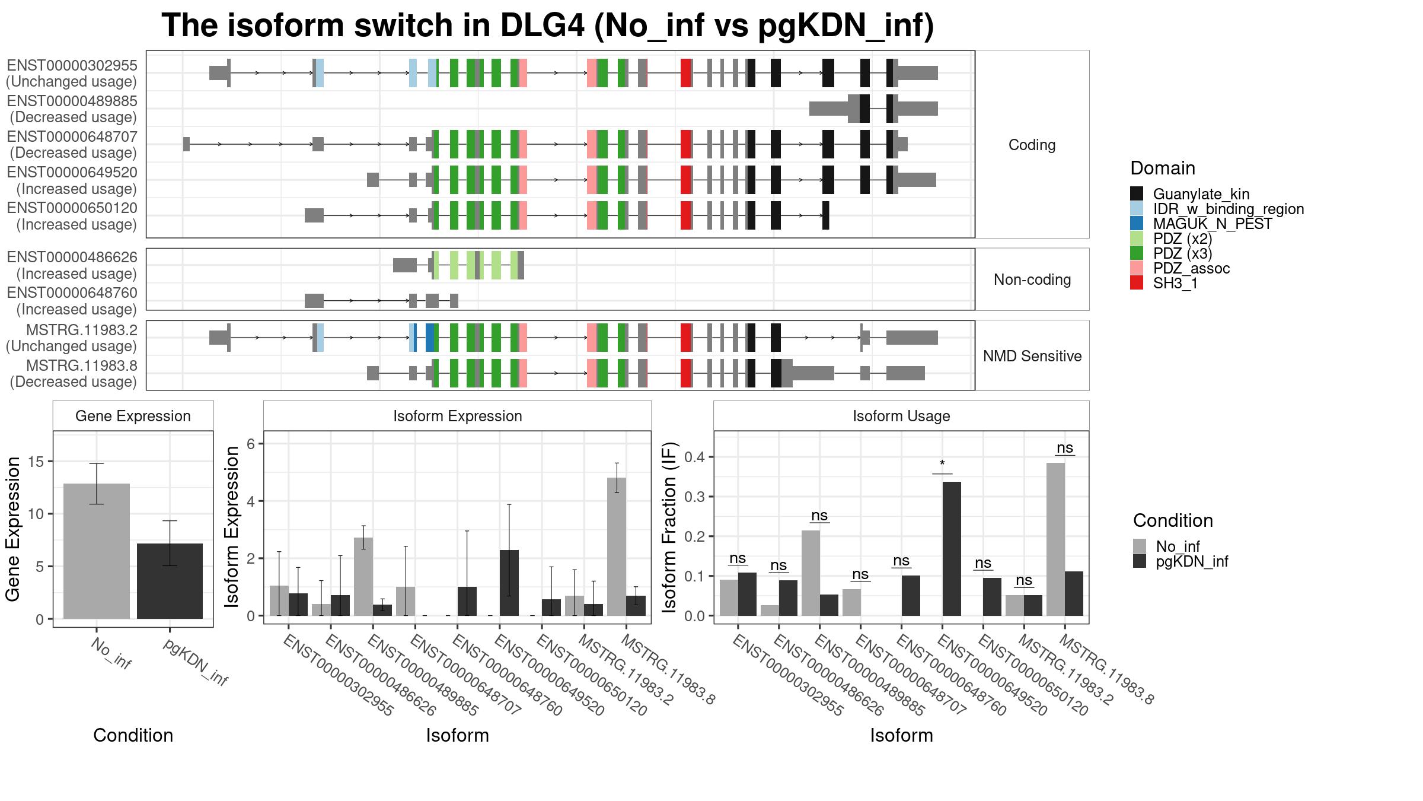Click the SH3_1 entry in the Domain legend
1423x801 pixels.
click(x=1175, y=284)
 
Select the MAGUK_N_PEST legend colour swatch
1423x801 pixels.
click(x=1137, y=224)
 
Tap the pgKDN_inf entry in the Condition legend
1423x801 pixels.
click(x=1192, y=561)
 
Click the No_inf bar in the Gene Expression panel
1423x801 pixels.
click(x=97, y=551)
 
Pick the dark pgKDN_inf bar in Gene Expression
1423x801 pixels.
click(x=170, y=581)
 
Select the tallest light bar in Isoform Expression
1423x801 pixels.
click(x=617, y=546)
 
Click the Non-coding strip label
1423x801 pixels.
click(x=1032, y=279)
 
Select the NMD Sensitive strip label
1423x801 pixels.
click(x=1032, y=356)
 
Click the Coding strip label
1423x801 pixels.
click(x=1032, y=145)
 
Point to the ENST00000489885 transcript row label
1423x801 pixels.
click(x=72, y=109)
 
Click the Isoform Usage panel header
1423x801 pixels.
click(x=901, y=416)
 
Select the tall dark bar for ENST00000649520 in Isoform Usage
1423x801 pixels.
click(x=952, y=549)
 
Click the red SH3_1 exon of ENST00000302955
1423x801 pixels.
click(x=686, y=73)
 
